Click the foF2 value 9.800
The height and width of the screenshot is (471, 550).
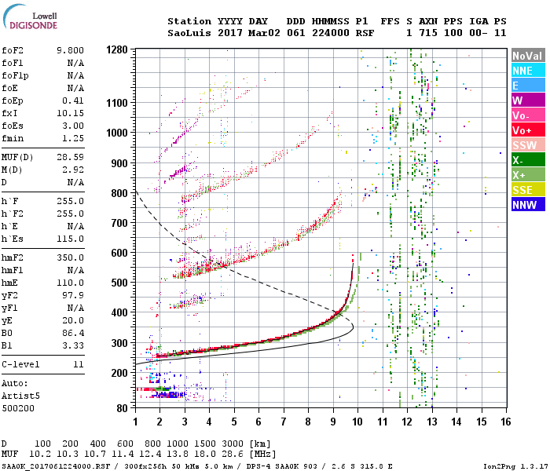point(69,49)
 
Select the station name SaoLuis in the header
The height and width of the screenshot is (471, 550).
point(189,33)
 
